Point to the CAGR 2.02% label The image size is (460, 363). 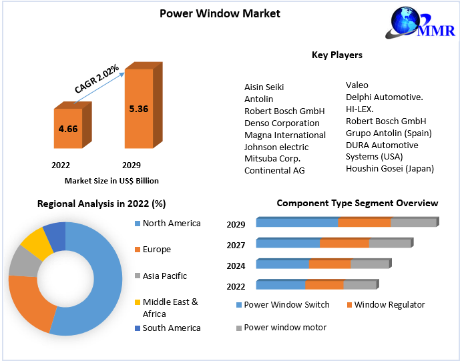click(97, 79)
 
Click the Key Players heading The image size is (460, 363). click(337, 55)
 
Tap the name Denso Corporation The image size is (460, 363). click(282, 123)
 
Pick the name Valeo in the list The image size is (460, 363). click(357, 85)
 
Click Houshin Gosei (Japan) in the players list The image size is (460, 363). click(389, 169)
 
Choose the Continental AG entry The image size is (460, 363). click(274, 171)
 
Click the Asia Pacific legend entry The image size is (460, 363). click(165, 276)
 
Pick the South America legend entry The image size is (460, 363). click(172, 328)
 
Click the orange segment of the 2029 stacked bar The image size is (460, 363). click(364, 223)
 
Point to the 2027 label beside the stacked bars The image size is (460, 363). click(236, 245)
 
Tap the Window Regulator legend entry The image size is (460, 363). click(389, 305)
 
